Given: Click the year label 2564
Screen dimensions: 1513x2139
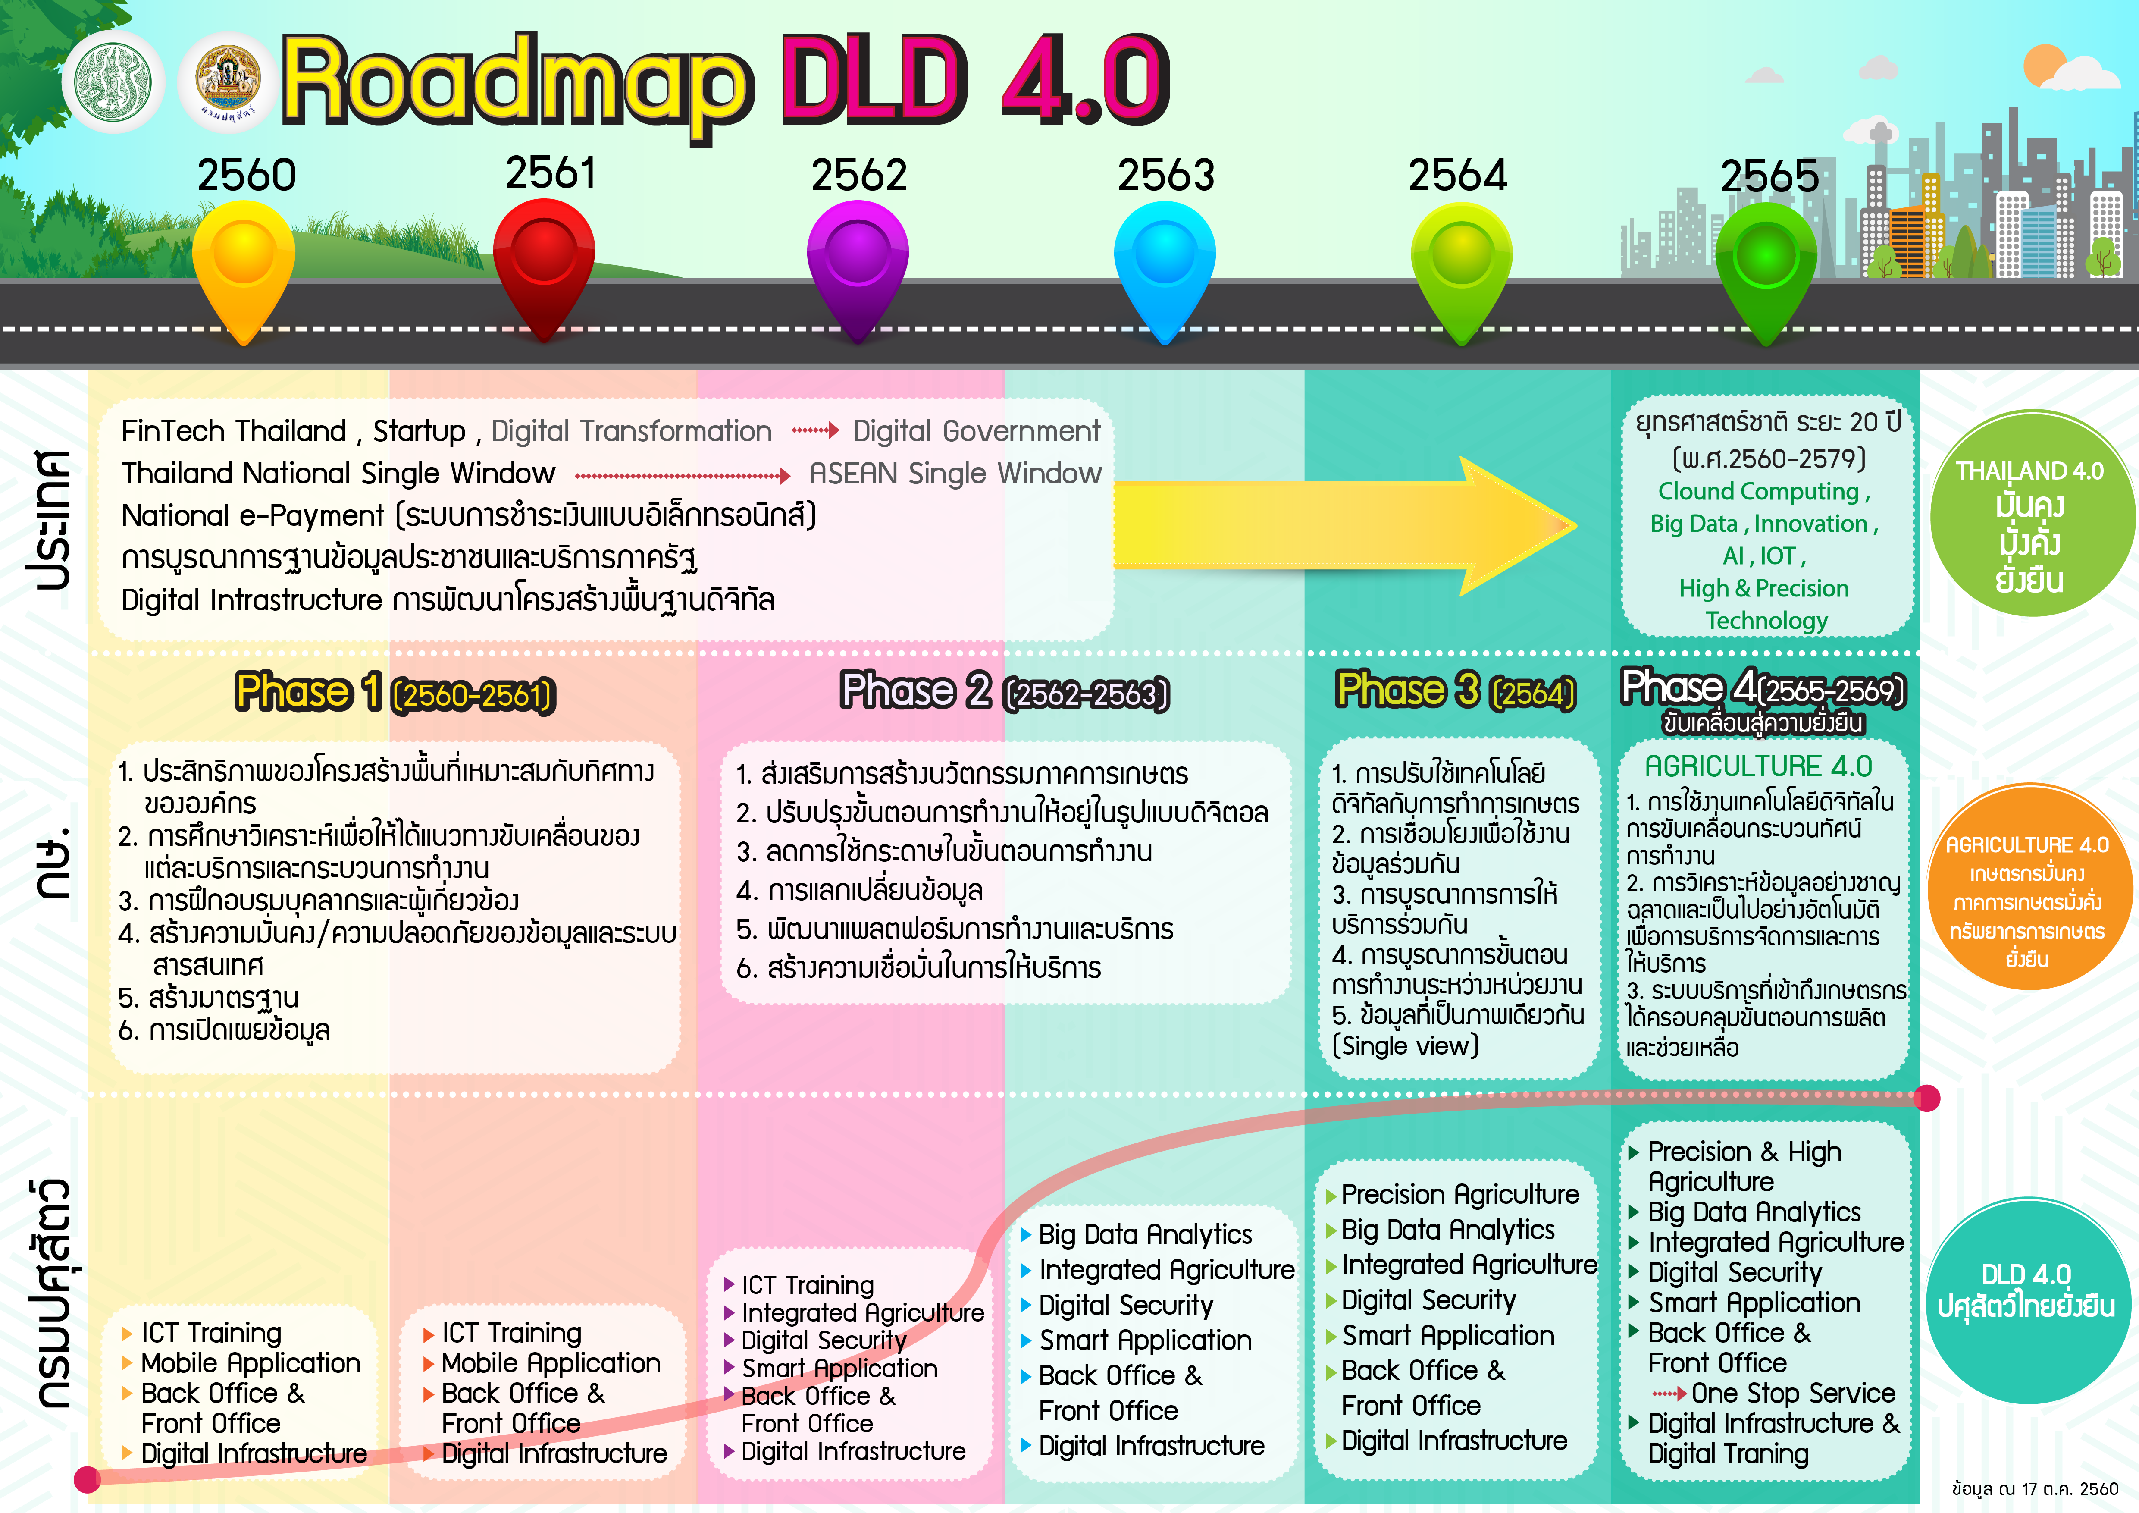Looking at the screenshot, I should coord(1457,175).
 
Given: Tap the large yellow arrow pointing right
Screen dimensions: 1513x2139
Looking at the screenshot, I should coord(1341,524).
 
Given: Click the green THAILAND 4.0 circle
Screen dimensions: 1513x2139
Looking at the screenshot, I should coord(2031,513).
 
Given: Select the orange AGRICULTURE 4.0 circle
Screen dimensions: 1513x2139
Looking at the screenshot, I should coord(2028,887).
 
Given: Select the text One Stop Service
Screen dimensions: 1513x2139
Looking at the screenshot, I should coord(1792,1393).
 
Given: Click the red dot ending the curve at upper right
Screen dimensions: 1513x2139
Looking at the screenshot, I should coord(1926,1099).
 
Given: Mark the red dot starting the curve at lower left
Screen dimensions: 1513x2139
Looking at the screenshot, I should coord(87,1478).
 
